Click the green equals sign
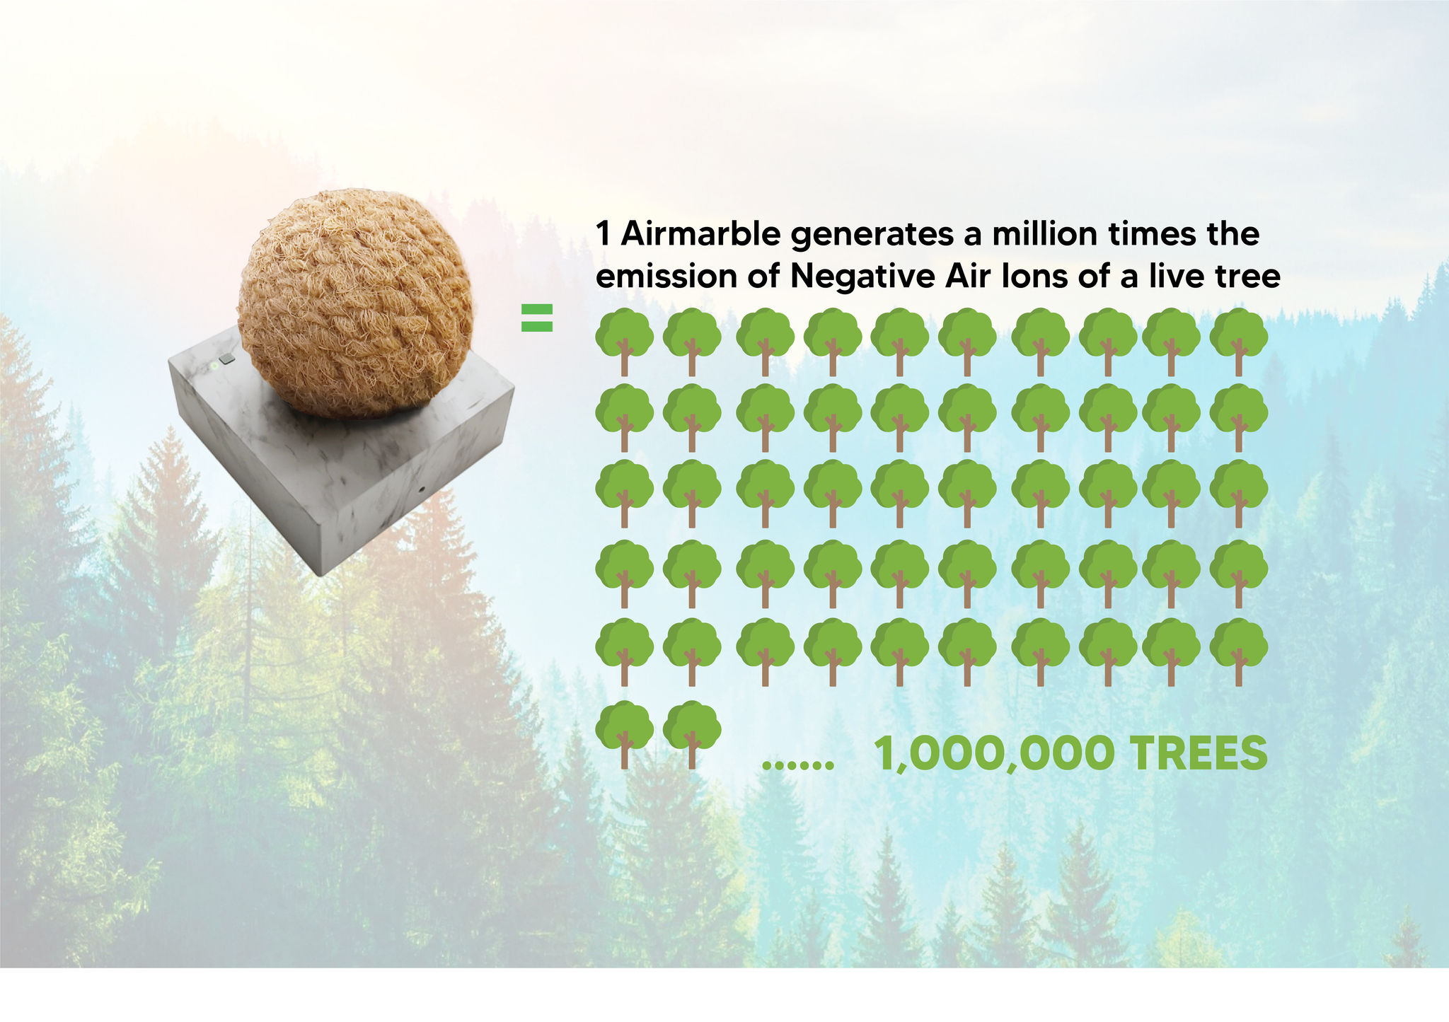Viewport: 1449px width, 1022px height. pyautogui.click(x=537, y=318)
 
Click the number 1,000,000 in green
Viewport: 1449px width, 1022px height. pyautogui.click(x=995, y=754)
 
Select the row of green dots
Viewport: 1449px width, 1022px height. pyautogui.click(x=798, y=765)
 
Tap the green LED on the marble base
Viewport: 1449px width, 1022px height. pyautogui.click(x=212, y=366)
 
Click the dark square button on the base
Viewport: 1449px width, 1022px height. pyautogui.click(x=226, y=359)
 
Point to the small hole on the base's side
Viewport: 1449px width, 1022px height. pyautogui.click(x=422, y=489)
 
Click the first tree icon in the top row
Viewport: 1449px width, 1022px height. pyautogui.click(x=624, y=342)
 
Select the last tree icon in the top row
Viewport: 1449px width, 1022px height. pyautogui.click(x=1238, y=342)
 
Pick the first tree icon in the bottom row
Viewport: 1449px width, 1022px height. pyautogui.click(x=624, y=735)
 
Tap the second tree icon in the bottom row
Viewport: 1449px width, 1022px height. pyautogui.click(x=692, y=735)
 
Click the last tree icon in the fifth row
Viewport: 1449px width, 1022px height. pyautogui.click(x=1238, y=652)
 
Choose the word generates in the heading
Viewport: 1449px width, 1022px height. pyautogui.click(x=872, y=235)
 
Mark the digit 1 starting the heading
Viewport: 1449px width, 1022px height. pyautogui.click(x=603, y=233)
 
